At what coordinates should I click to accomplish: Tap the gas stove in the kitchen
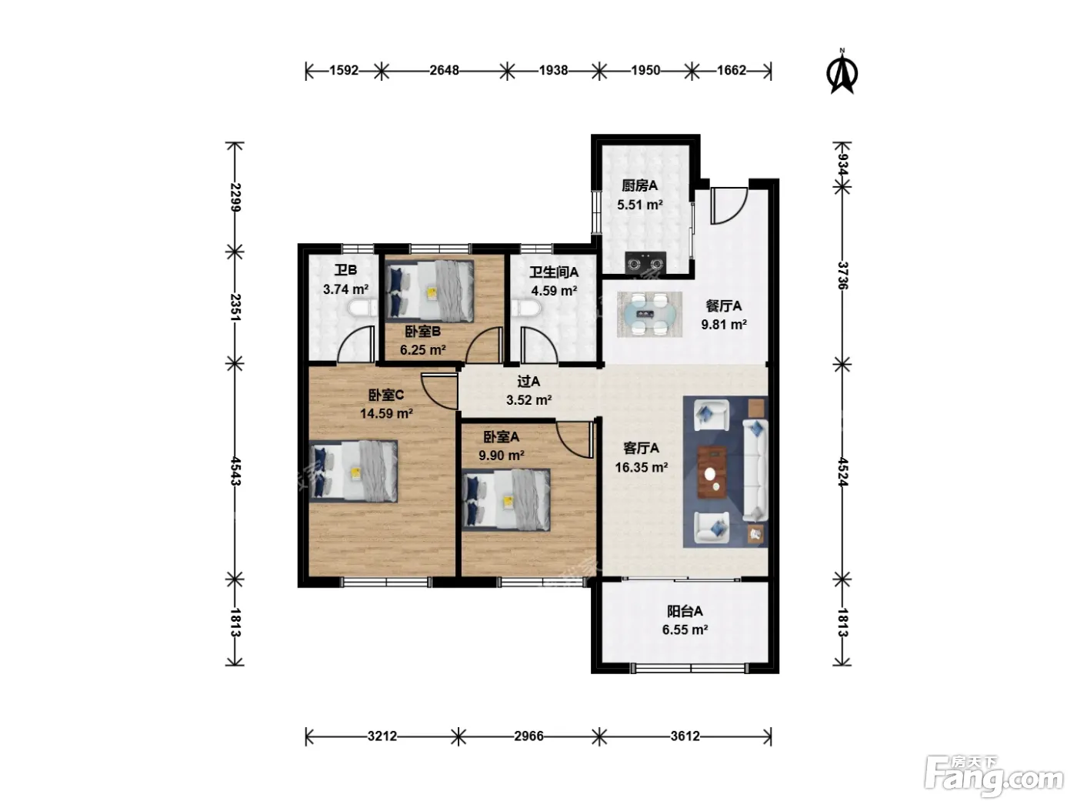[x=645, y=262]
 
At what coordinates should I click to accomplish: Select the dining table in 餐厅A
[x=649, y=314]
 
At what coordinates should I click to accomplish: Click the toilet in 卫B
[x=362, y=309]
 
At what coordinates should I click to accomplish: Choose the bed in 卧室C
[x=353, y=471]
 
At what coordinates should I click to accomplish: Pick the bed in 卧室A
[x=506, y=500]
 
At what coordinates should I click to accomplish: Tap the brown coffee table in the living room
[x=712, y=472]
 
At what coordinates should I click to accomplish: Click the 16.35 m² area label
[x=642, y=467]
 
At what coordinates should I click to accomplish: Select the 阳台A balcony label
[x=685, y=611]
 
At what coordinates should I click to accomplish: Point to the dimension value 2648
[x=444, y=71]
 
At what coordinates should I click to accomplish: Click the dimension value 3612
[x=685, y=736]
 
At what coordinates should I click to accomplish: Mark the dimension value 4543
[x=235, y=472]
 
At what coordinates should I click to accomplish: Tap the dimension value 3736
[x=842, y=275]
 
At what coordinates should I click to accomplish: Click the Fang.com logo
[x=994, y=777]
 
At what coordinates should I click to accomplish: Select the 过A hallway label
[x=528, y=381]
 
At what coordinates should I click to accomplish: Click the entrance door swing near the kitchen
[x=729, y=205]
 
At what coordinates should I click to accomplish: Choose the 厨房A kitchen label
[x=639, y=185]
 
